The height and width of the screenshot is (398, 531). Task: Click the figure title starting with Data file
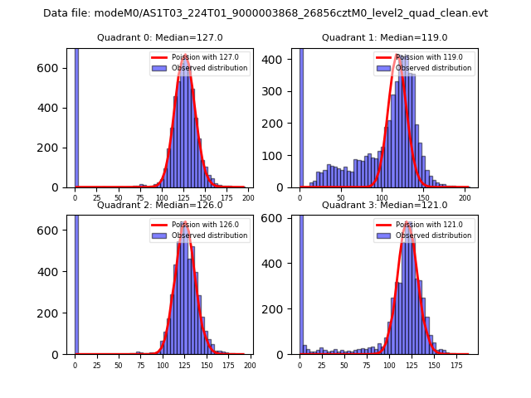pyautogui.click(x=265, y=13)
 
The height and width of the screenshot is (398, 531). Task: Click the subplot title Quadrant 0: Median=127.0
pyautogui.click(x=159, y=37)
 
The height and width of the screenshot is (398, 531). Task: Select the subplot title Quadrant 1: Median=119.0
pyautogui.click(x=384, y=37)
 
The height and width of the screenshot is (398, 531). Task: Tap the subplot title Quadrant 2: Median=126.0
pyautogui.click(x=159, y=205)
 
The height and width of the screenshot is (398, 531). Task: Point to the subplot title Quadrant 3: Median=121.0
pyautogui.click(x=384, y=205)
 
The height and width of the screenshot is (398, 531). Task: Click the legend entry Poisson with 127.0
pyautogui.click(x=206, y=58)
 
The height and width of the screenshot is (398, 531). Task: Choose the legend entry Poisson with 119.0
pyautogui.click(x=430, y=58)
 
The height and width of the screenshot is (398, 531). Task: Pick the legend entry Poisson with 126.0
pyautogui.click(x=206, y=225)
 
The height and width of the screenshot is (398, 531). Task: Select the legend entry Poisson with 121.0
pyautogui.click(x=430, y=225)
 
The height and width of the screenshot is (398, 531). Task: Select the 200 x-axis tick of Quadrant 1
pyautogui.click(x=462, y=197)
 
